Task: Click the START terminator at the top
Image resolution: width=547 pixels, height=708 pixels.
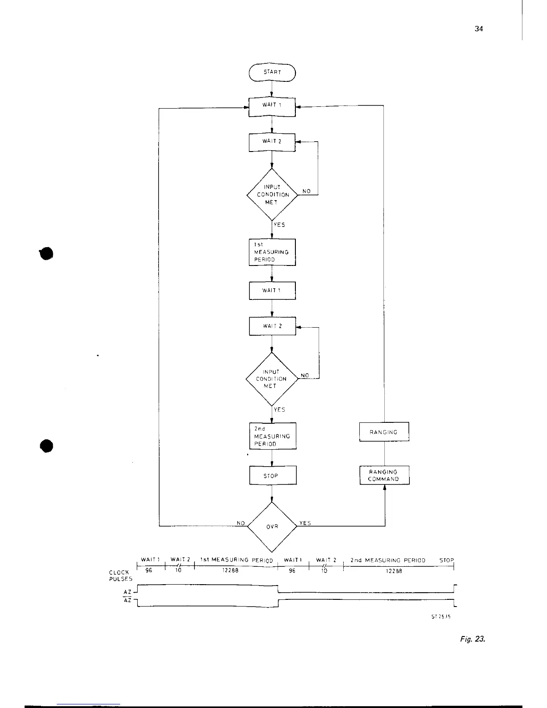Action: click(272, 72)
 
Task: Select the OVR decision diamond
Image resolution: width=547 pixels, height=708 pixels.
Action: click(272, 527)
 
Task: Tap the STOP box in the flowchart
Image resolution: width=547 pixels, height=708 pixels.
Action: click(272, 476)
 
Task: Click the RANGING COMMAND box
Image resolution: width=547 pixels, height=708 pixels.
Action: click(384, 476)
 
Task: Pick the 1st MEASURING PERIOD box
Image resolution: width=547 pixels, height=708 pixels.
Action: click(272, 252)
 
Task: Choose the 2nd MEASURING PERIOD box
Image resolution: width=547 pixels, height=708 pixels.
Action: click(272, 436)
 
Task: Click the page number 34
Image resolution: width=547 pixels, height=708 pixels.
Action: click(479, 29)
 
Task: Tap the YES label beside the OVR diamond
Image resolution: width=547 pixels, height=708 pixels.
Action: click(305, 523)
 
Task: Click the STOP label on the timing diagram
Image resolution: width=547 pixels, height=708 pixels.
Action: click(446, 560)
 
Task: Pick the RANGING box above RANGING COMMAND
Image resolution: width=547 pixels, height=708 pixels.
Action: click(384, 432)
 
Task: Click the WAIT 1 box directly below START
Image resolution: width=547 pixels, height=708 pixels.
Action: click(272, 107)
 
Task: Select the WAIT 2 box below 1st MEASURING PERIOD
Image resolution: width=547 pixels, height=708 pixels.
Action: click(272, 326)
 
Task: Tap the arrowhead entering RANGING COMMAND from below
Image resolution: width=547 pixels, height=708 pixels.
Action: click(385, 488)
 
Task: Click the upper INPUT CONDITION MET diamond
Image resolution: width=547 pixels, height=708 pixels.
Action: click(272, 195)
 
